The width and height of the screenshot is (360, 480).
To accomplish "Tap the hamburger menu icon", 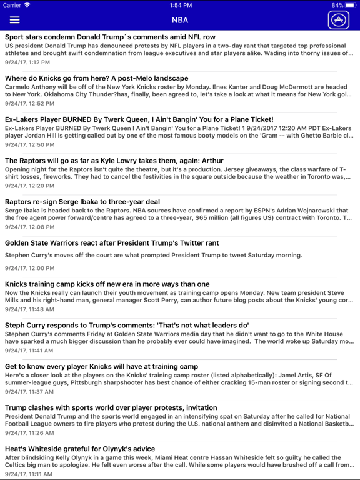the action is coord(14,20).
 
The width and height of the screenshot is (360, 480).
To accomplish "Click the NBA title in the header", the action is coord(180,20).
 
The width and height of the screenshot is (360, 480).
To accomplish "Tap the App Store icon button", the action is coord(339,20).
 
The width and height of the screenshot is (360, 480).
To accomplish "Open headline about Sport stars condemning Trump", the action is coord(110,37).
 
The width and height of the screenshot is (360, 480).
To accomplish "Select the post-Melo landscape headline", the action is coord(96,78).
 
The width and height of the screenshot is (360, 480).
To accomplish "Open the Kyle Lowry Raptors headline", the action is coord(114,161).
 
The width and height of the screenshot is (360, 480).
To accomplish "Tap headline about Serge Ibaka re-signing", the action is coord(82,202).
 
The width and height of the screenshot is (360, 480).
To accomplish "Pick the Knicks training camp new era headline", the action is coord(107,284).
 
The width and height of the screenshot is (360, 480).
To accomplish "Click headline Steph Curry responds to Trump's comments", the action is coord(127,326).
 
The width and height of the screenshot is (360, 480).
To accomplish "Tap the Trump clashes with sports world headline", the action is coord(111,408).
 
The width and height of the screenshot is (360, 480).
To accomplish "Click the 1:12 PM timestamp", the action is coord(27,62).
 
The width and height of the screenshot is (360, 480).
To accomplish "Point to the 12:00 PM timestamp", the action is coord(29,268).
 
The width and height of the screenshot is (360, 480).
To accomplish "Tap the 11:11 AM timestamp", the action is coord(29,474).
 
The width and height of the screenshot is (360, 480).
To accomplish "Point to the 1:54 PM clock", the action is coord(180,5).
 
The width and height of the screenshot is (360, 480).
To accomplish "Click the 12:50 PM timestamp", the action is coord(29,144).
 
